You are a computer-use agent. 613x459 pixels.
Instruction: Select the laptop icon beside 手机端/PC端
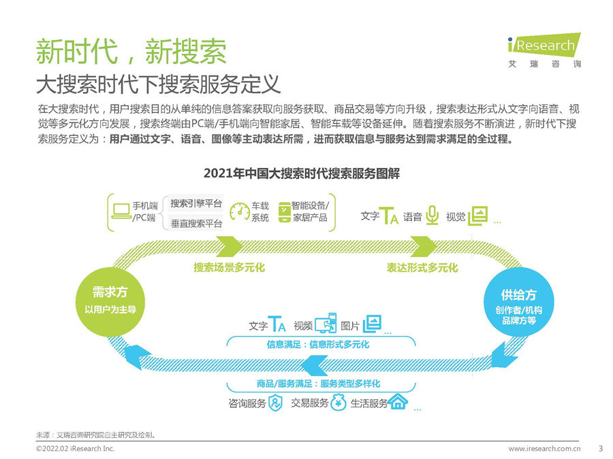[x=121, y=211]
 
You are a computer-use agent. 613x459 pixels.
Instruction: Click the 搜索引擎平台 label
[x=196, y=203]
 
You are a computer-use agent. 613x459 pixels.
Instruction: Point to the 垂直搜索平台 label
[x=196, y=223]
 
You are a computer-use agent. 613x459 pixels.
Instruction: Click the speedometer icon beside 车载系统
[x=240, y=211]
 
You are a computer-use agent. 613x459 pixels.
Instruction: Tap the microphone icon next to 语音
[x=432, y=216]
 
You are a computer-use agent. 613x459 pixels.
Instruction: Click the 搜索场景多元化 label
[x=229, y=268]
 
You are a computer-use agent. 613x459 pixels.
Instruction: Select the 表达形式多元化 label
[x=422, y=268]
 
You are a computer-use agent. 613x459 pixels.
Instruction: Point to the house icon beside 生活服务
[x=398, y=402]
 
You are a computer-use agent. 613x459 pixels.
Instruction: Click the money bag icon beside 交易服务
[x=339, y=403]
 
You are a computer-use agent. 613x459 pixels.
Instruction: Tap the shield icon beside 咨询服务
[x=275, y=403]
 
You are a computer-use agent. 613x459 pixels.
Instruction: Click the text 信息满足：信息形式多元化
[x=317, y=345]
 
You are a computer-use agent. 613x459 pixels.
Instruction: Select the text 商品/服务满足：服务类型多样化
[x=318, y=384]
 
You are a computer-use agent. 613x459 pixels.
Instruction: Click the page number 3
[x=600, y=448]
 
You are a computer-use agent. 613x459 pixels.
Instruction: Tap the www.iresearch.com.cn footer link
[x=544, y=449]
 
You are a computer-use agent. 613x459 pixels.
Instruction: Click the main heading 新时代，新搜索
[x=131, y=50]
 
